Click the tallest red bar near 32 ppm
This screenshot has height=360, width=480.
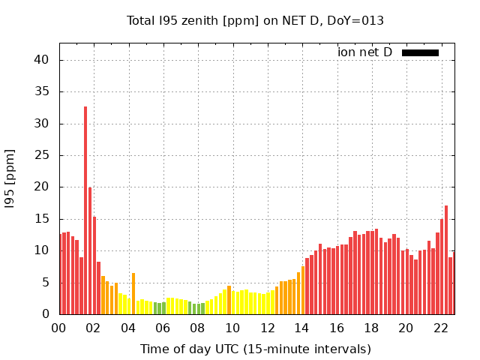85,210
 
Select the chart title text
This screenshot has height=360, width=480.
255,20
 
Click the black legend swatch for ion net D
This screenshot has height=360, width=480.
420,52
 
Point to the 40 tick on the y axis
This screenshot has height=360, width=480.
43,60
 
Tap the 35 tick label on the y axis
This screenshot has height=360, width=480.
43,92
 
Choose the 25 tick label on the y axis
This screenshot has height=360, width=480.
43,155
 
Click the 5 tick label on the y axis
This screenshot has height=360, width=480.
46,283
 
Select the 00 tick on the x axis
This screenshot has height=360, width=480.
59,328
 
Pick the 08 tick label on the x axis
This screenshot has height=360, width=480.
198,328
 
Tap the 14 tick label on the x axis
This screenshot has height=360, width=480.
301,328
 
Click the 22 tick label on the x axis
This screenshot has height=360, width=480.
440,328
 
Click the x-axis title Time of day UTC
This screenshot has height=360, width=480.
256,349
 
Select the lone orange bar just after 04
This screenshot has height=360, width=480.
133,293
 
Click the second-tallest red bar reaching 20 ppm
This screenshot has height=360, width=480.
90,250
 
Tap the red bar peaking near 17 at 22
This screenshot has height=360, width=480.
446,259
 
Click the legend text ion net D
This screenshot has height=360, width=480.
365,52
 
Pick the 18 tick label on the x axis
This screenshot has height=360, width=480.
371,328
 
